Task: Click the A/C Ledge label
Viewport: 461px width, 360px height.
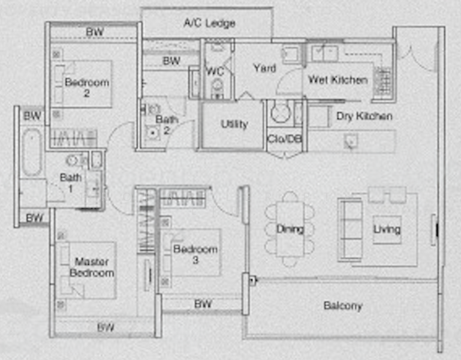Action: (x=209, y=23)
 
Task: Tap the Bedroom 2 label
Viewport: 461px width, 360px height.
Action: (x=87, y=88)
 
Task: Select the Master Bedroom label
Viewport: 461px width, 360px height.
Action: (x=91, y=267)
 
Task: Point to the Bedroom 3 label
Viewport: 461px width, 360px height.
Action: (x=195, y=254)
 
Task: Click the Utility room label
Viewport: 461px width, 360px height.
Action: (x=234, y=124)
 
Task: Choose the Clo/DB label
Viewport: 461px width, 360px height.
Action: (x=284, y=140)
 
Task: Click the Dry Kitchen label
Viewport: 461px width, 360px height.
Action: (x=364, y=116)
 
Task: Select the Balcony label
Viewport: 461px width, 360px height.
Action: (x=342, y=306)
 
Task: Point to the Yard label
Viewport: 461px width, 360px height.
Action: (x=264, y=68)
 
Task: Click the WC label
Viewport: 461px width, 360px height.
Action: (x=215, y=71)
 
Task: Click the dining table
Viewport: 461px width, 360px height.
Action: (x=290, y=229)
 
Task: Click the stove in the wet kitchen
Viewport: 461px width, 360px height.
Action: (x=382, y=82)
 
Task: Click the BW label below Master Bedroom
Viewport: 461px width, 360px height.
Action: (x=106, y=328)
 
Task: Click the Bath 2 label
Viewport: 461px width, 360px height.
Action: (x=167, y=125)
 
